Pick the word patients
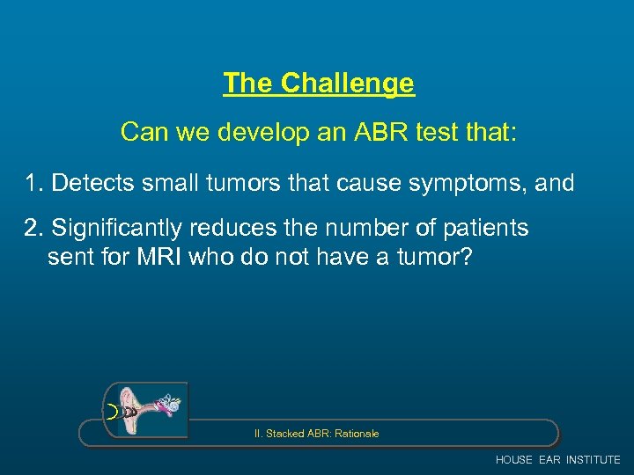click(483, 228)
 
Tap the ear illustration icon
click(146, 410)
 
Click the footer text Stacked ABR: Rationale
click(316, 434)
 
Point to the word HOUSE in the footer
click(514, 460)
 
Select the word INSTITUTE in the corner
click(593, 460)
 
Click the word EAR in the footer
click(550, 460)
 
